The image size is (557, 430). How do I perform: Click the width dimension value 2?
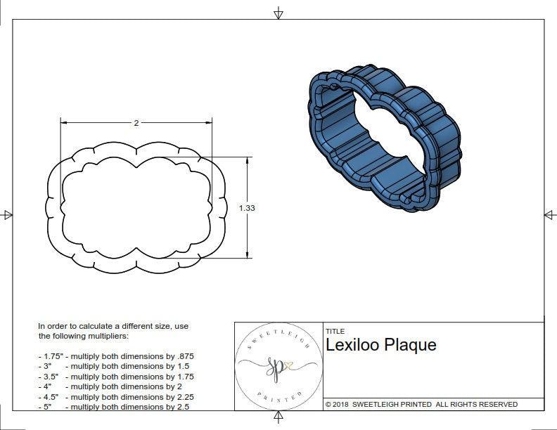(136, 123)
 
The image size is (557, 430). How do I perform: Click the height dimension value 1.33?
(247, 208)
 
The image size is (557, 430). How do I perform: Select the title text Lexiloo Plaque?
(380, 345)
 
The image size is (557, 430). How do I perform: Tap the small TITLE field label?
(335, 331)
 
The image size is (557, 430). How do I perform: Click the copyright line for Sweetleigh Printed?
(421, 404)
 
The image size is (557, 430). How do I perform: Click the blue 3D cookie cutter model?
(384, 138)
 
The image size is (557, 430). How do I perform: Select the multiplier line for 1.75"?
(116, 356)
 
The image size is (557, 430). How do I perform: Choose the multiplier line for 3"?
(113, 366)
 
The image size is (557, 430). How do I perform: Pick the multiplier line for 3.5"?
(115, 377)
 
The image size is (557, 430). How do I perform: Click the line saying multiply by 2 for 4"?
(110, 386)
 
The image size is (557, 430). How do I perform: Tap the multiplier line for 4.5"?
(115, 396)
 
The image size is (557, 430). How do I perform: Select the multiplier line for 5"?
(113, 407)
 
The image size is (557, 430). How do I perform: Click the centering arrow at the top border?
(278, 13)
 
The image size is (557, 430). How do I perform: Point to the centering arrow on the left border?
(8, 214)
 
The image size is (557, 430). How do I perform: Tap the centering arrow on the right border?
(549, 214)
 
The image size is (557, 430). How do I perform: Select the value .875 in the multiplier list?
(184, 356)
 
